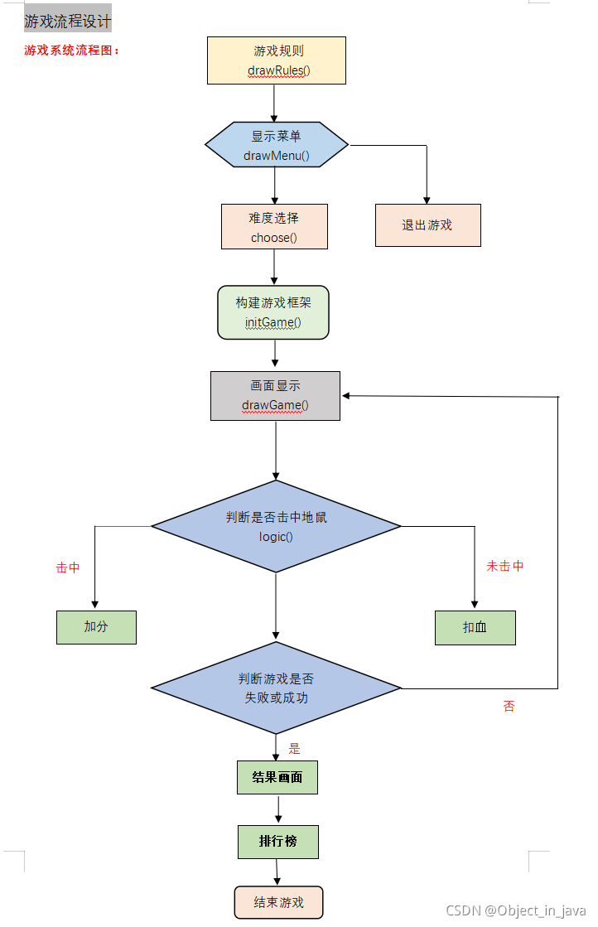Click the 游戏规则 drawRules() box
click(276, 60)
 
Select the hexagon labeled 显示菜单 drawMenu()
click(276, 145)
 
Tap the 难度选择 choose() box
click(274, 227)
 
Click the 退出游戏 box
click(427, 225)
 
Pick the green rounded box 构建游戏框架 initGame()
click(273, 312)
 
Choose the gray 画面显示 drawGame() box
click(275, 396)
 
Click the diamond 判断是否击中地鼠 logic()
click(276, 526)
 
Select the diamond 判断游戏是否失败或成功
click(276, 688)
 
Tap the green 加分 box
click(96, 627)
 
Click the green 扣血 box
click(475, 628)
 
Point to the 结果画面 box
click(277, 778)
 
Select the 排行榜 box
click(277, 842)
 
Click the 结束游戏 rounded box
click(278, 902)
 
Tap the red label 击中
click(68, 568)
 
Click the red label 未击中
click(504, 567)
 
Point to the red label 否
click(509, 707)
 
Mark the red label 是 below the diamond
click(294, 749)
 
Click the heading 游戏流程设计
click(67, 21)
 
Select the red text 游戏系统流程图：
click(72, 51)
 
